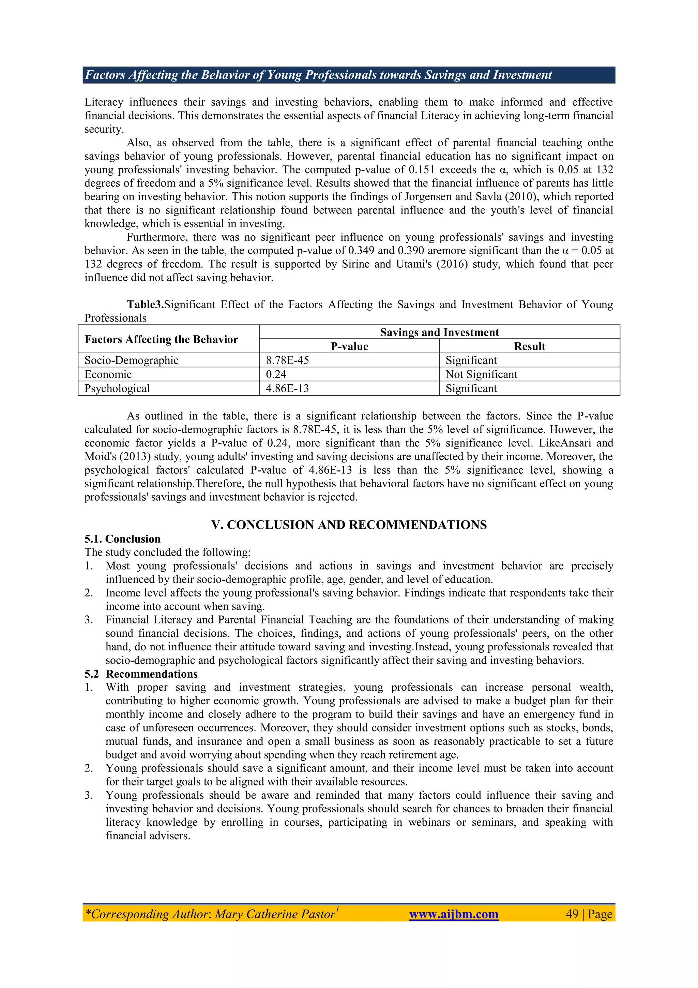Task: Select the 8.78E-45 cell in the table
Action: (x=287, y=360)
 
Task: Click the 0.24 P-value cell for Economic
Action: (x=276, y=374)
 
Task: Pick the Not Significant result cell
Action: (x=481, y=374)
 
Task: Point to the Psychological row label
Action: (x=117, y=388)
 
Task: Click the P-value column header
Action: (x=349, y=346)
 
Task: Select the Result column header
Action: (x=529, y=346)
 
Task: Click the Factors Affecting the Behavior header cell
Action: (x=161, y=340)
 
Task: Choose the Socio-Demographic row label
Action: (x=131, y=360)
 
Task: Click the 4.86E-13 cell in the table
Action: (x=287, y=388)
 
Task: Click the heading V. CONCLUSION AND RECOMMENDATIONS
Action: (x=349, y=525)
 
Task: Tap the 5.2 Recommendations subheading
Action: (x=141, y=674)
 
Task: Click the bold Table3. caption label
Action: (x=145, y=305)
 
